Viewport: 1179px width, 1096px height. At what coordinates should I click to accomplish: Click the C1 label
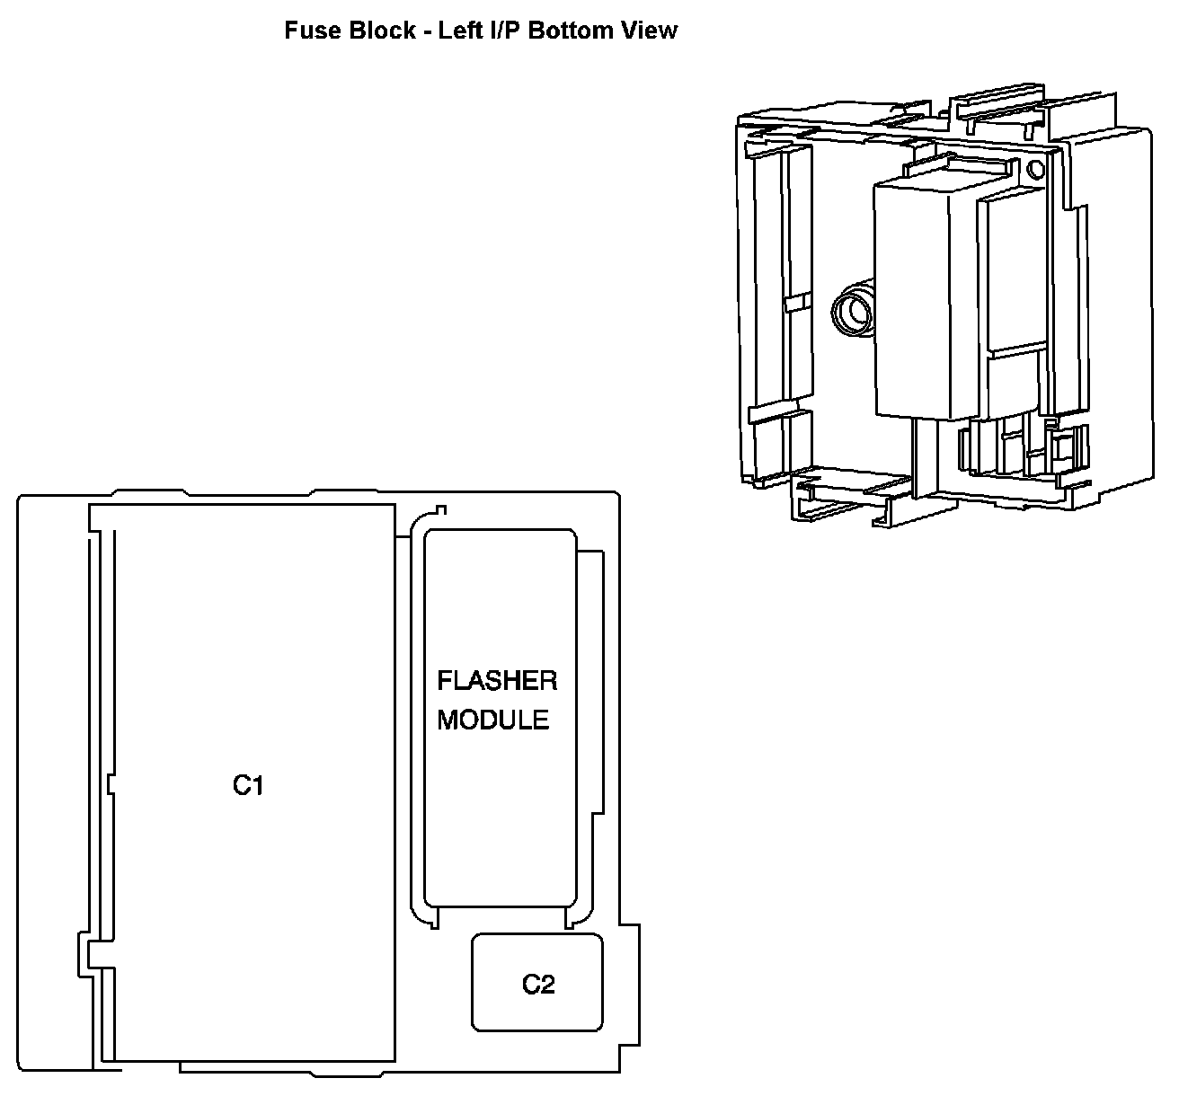click(x=248, y=785)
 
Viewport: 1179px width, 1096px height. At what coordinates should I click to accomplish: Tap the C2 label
click(x=538, y=985)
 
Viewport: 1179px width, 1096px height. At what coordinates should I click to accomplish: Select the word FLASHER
click(x=497, y=681)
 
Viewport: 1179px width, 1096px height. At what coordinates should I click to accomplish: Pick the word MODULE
click(x=492, y=720)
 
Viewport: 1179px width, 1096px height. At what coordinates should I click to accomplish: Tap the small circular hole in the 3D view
click(x=1034, y=169)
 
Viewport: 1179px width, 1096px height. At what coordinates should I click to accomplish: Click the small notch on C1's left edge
click(x=111, y=784)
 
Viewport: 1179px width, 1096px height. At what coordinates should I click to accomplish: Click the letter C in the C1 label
click(x=241, y=785)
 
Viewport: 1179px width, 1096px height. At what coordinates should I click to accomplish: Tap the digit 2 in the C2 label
click(x=547, y=985)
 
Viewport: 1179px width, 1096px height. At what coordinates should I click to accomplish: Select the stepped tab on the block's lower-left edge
click(x=85, y=951)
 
